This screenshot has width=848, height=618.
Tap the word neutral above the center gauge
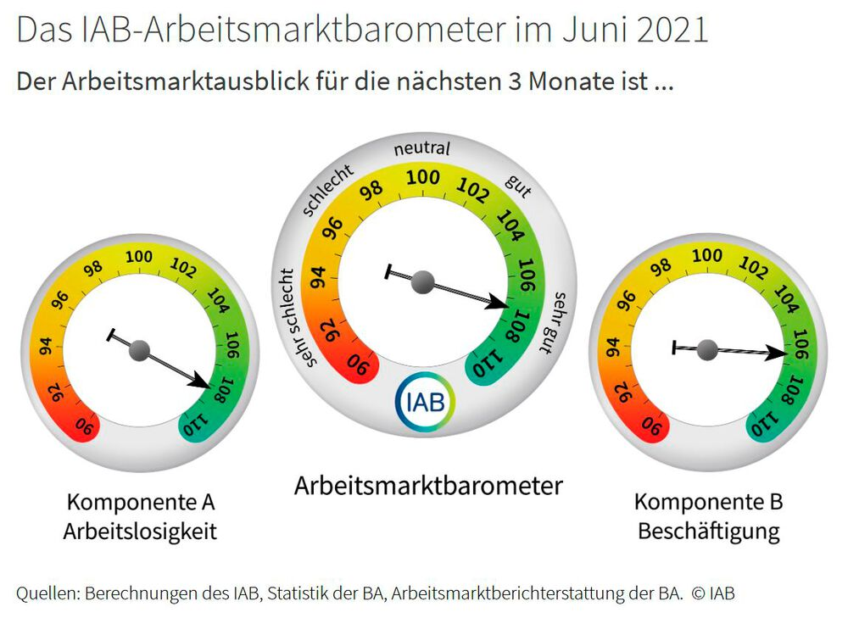click(421, 149)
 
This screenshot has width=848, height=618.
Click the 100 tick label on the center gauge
click(422, 177)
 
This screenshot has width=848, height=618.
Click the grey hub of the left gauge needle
click(140, 349)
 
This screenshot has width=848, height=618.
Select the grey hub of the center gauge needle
click(422, 282)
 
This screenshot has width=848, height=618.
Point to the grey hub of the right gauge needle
click(706, 348)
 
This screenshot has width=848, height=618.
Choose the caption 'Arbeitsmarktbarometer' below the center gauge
click(428, 487)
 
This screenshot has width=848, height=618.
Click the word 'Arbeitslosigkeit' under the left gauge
click(140, 532)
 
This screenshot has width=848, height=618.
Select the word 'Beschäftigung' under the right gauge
click(708, 532)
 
